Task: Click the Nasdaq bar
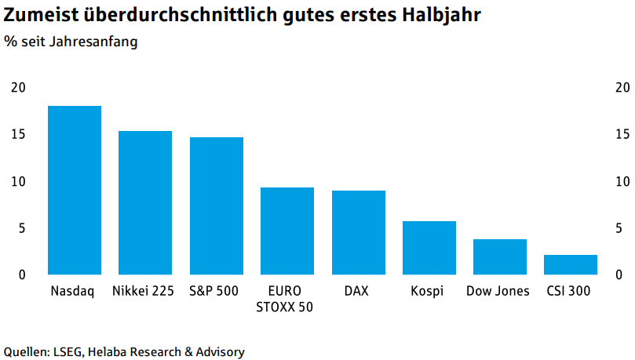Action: (x=75, y=190)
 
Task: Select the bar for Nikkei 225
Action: (x=145, y=202)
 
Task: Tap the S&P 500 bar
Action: (x=217, y=206)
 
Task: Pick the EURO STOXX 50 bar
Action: (x=287, y=231)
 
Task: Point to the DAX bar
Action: (x=359, y=233)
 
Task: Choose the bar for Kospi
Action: (x=429, y=248)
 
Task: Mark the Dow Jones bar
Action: (x=500, y=256)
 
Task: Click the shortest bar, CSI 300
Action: (x=571, y=265)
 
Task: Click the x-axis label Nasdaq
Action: (x=72, y=291)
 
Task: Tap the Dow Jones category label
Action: (x=498, y=291)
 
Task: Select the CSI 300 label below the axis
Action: (x=568, y=291)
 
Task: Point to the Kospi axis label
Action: (x=427, y=291)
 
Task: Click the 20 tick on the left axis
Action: (x=18, y=87)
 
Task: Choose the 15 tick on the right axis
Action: (x=622, y=134)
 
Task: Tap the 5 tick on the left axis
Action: (x=22, y=228)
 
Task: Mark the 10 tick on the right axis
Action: (x=622, y=181)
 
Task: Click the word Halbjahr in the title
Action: (x=441, y=15)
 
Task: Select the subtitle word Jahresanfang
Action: (x=93, y=42)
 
